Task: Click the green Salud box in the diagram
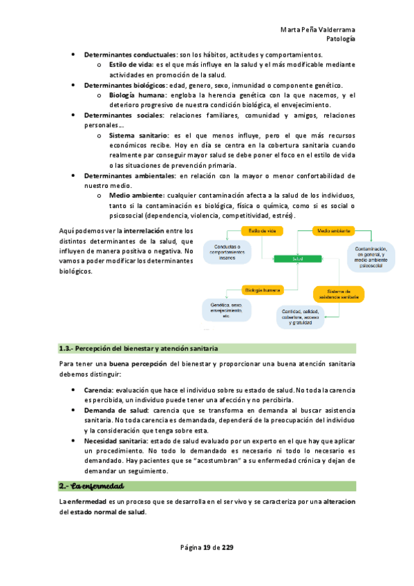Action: [299, 258]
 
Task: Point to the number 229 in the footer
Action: [227, 548]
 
